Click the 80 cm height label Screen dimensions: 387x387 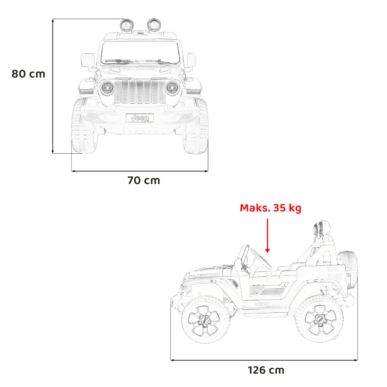(x=28, y=74)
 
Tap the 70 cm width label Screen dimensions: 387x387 (x=144, y=180)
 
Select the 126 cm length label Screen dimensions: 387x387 (x=266, y=370)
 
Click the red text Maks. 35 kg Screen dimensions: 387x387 (x=271, y=208)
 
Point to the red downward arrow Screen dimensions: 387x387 (x=267, y=236)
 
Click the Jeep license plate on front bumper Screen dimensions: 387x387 (x=140, y=118)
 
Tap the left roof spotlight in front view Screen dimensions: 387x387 (x=127, y=25)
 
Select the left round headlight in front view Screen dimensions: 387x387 (x=107, y=88)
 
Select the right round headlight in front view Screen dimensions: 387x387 (x=172, y=88)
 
